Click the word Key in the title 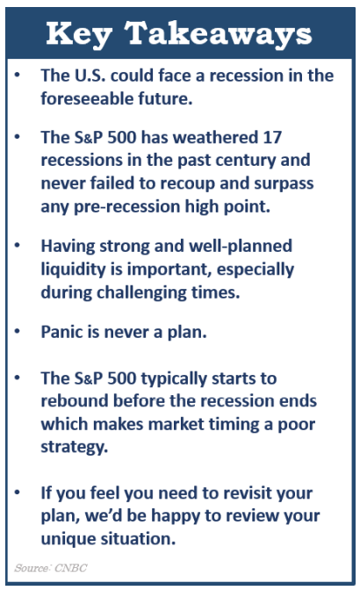79,34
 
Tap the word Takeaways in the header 218,34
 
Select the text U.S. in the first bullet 90,76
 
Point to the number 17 272,137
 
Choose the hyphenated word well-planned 241,247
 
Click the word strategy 74,448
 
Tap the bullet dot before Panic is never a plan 17,332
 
